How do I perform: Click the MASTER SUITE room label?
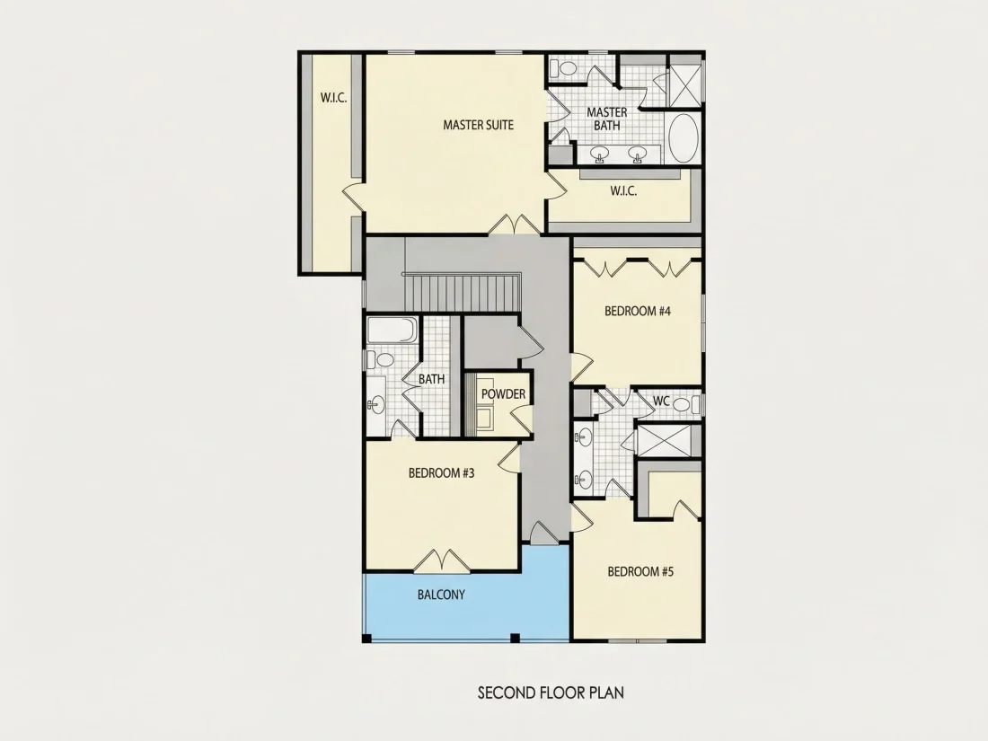478,125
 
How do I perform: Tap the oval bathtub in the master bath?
683,138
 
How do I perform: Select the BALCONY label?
441,595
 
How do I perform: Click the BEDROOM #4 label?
638,311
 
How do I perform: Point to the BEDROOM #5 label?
640,571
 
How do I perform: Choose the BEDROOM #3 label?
441,472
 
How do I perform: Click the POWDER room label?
504,393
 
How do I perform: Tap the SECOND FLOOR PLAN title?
551,692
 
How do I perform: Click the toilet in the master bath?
563,67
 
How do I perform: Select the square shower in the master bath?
684,83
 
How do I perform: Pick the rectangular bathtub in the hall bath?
392,331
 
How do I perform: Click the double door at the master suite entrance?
516,225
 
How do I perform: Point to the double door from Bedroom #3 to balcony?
442,560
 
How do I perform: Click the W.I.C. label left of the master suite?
333,98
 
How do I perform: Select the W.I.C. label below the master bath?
623,191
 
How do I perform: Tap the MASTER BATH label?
607,119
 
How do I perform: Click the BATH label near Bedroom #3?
432,379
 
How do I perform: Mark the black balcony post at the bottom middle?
515,639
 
